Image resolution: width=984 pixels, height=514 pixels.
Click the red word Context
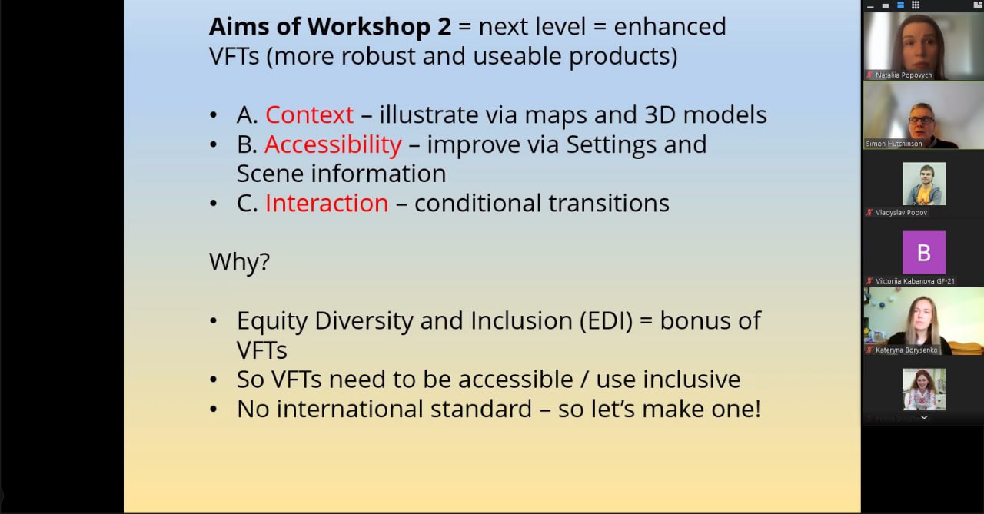pyautogui.click(x=309, y=115)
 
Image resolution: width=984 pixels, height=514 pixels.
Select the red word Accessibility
pyautogui.click(x=333, y=145)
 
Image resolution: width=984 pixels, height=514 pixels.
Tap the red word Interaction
pyautogui.click(x=327, y=204)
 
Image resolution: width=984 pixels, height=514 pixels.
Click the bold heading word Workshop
pyautogui.click(x=368, y=27)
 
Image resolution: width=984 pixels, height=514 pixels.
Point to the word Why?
pyautogui.click(x=239, y=262)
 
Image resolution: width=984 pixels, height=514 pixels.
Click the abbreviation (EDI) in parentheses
pyautogui.click(x=607, y=321)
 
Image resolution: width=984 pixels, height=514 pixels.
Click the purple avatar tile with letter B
pyautogui.click(x=924, y=253)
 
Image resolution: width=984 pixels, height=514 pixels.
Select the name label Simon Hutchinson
pyautogui.click(x=893, y=144)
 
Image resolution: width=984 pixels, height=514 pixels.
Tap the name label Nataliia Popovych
pyautogui.click(x=903, y=75)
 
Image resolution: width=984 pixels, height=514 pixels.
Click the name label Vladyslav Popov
pyautogui.click(x=901, y=213)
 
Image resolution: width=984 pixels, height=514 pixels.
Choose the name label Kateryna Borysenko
pyautogui.click(x=906, y=350)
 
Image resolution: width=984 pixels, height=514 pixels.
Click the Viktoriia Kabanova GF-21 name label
pyautogui.click(x=915, y=281)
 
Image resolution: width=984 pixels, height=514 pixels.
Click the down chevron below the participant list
pyautogui.click(x=924, y=417)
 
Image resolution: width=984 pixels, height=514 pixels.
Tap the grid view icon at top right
pyautogui.click(x=916, y=5)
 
